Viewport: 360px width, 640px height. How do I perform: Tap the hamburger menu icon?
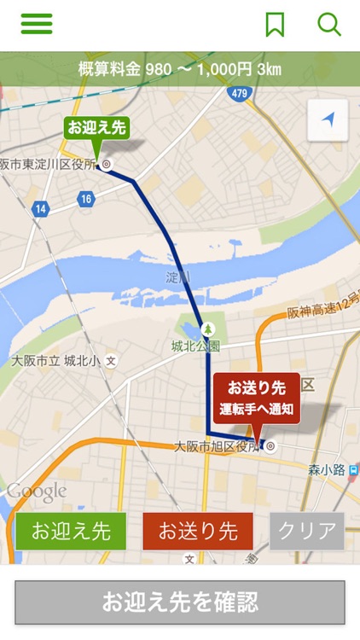pyautogui.click(x=37, y=24)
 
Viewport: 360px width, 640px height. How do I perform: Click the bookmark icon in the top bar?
pyautogui.click(x=275, y=25)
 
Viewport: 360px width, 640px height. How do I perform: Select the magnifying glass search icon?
pyautogui.click(x=329, y=24)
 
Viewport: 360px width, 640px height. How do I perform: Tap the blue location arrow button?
pyautogui.click(x=328, y=120)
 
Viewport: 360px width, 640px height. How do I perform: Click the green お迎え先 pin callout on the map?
pyautogui.click(x=97, y=128)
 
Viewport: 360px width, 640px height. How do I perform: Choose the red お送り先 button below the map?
pyautogui.click(x=198, y=531)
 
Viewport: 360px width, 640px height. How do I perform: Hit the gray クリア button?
pyautogui.click(x=307, y=531)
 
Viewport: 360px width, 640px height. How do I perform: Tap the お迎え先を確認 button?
pyautogui.click(x=180, y=602)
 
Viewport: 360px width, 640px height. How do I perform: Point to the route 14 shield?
pyautogui.click(x=40, y=208)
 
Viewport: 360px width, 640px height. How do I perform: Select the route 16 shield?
pyautogui.click(x=85, y=199)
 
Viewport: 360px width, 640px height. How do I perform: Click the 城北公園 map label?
pyautogui.click(x=195, y=346)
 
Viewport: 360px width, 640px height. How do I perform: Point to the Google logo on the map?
pyautogui.click(x=37, y=492)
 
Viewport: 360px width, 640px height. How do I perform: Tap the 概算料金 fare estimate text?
pyautogui.click(x=179, y=69)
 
